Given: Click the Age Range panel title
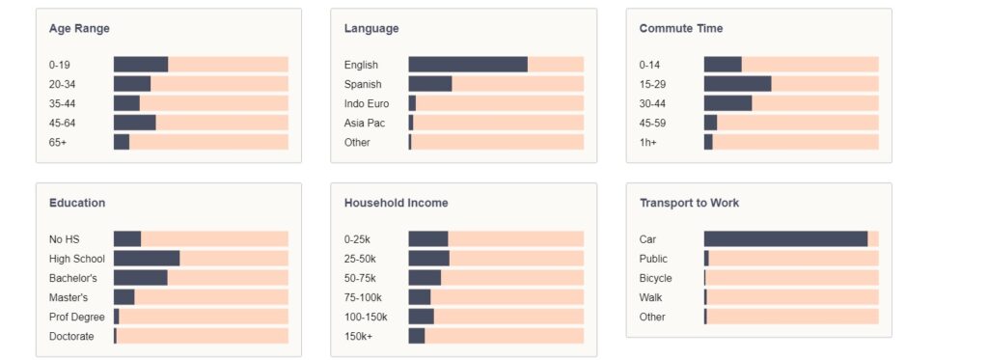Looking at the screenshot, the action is [79, 28].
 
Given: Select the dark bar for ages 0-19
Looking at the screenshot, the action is [141, 65].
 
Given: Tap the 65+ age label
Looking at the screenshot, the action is [57, 143].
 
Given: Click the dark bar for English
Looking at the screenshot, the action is [468, 65].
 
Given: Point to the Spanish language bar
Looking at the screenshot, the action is [430, 84].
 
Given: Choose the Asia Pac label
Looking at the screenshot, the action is [364, 123].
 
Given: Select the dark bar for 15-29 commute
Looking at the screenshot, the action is [738, 84].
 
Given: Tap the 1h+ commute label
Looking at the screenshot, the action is [647, 143].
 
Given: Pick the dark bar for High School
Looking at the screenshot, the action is [147, 259].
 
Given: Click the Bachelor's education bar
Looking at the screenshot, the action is [141, 278].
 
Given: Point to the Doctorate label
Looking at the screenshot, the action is [71, 337].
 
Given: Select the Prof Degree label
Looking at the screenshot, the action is [77, 318].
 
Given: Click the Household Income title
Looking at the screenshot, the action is [397, 203].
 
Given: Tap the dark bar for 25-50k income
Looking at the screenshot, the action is [429, 259].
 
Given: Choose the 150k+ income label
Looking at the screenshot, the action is [358, 337].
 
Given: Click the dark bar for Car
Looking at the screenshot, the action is [785, 239].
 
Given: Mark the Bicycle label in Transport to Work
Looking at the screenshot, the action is [655, 278].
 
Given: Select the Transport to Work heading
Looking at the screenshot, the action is [689, 203].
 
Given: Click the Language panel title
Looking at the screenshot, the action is [371, 28].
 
